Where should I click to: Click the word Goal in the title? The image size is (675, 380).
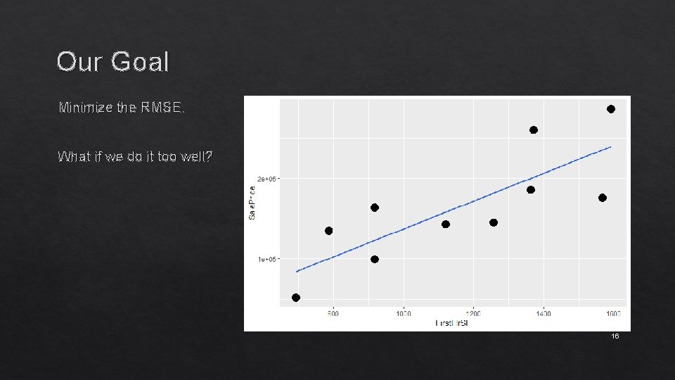[140, 62]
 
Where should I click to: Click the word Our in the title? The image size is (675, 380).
[79, 62]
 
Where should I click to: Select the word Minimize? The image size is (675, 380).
[86, 108]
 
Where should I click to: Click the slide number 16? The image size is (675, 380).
[615, 337]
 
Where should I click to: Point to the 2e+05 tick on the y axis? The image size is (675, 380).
[268, 179]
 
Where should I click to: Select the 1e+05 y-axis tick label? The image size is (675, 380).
[268, 259]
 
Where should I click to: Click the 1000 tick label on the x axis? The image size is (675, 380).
[403, 313]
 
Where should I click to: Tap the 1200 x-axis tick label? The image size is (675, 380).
[473, 313]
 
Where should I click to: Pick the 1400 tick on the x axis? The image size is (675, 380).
[544, 313]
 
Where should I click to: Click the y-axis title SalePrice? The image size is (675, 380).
[252, 201]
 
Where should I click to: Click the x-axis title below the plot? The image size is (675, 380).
[452, 323]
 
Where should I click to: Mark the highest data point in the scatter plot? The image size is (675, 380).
[611, 109]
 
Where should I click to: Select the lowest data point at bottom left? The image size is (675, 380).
[296, 298]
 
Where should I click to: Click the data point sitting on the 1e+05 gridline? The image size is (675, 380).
[375, 260]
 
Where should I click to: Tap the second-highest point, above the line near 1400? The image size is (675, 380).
[534, 130]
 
